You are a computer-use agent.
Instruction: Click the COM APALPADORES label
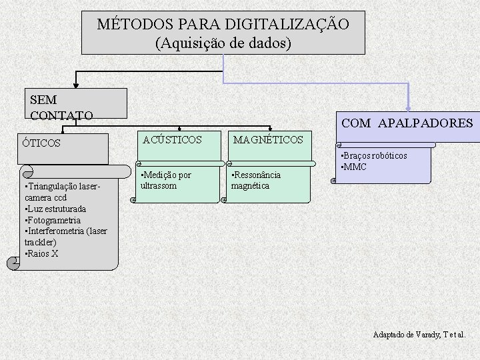[407, 123]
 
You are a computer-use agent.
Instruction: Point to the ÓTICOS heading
[41, 143]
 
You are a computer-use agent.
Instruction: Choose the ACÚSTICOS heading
[172, 139]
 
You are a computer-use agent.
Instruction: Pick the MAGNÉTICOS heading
[268, 139]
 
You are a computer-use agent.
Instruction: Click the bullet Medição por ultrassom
[165, 180]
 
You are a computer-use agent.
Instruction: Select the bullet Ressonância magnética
[255, 180]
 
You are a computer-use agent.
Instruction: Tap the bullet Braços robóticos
[374, 156]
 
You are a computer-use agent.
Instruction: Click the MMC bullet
[353, 167]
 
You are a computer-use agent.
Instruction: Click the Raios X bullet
[41, 253]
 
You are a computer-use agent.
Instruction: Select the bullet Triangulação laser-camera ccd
[60, 192]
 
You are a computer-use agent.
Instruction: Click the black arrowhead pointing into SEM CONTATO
[75, 85]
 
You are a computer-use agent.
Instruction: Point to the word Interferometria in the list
[56, 231]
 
